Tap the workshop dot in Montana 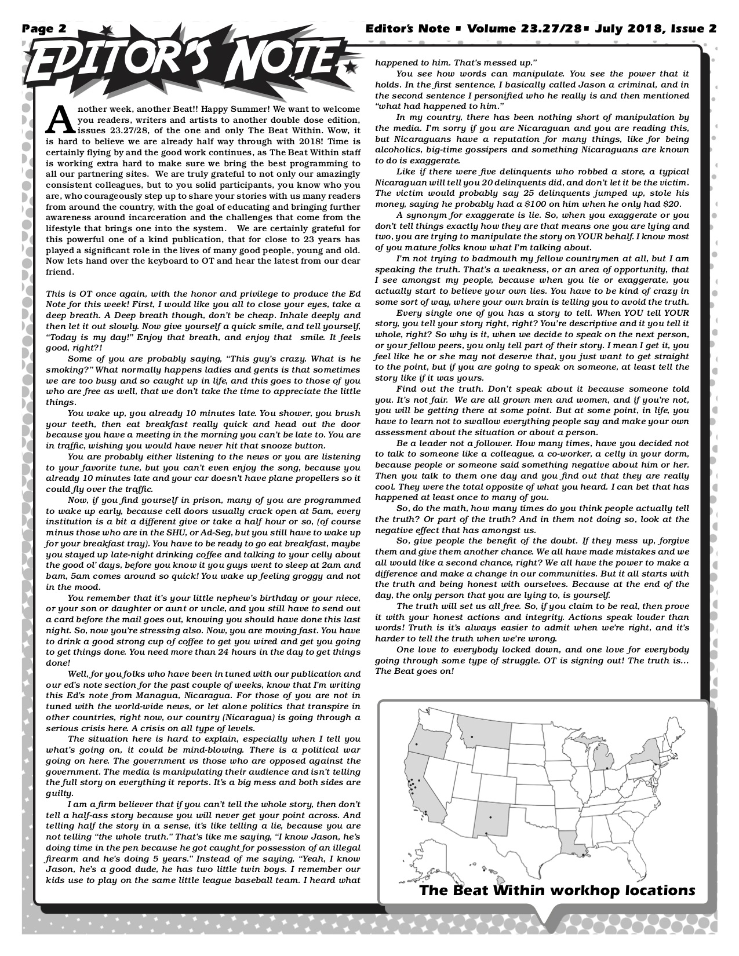[472, 736]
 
